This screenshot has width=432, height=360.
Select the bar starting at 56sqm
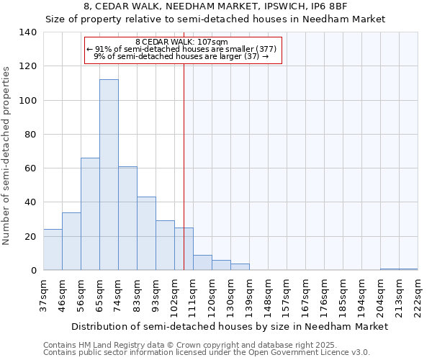point(90,214)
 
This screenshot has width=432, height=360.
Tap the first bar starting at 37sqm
point(53,250)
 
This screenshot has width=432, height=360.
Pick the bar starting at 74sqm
point(127,218)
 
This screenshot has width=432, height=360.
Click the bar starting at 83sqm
point(146,233)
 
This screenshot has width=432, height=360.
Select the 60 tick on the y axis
point(31,168)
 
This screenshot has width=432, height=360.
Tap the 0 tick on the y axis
point(33,271)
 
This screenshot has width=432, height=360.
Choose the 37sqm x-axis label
point(43,296)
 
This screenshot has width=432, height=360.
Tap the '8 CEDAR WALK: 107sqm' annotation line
point(181,42)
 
